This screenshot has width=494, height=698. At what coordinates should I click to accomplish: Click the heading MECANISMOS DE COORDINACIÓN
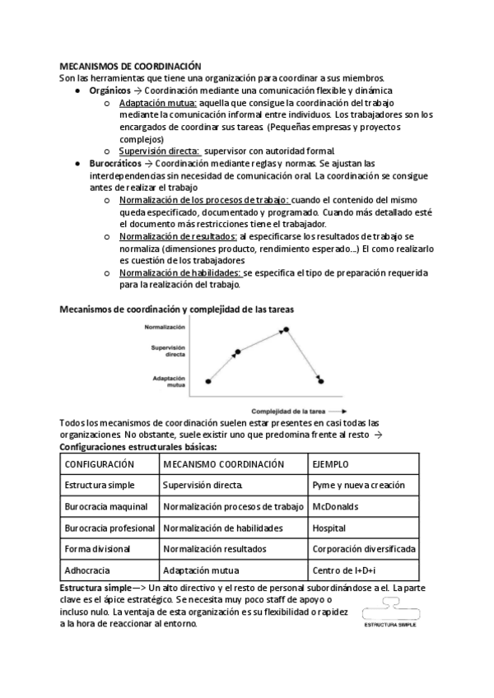click(x=131, y=66)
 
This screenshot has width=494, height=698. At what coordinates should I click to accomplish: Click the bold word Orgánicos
click(x=110, y=90)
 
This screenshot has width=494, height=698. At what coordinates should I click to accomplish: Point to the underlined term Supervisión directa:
click(x=159, y=151)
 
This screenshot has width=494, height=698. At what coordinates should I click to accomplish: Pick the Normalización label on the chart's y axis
click(x=165, y=327)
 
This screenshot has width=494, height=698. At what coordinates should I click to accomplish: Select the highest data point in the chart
click(x=287, y=330)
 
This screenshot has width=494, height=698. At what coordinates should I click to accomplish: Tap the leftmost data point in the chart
click(x=207, y=381)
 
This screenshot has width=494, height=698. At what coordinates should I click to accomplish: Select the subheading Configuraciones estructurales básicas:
click(x=138, y=446)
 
